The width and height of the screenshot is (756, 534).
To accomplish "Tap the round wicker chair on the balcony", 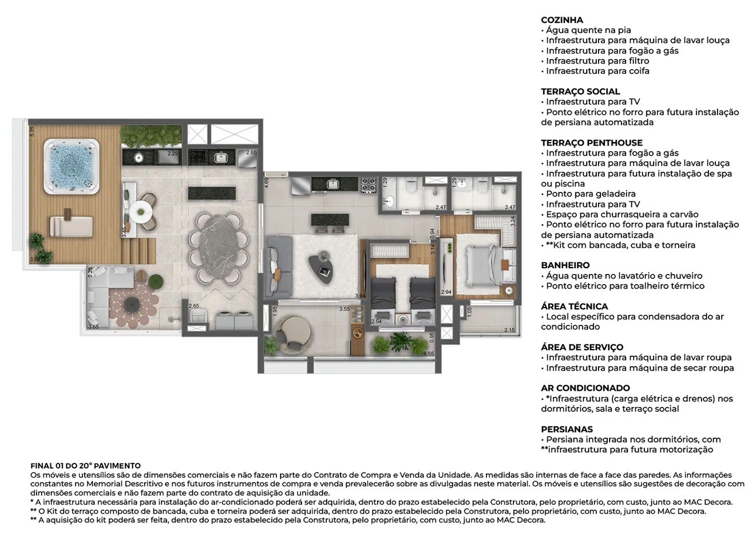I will (x=291, y=332).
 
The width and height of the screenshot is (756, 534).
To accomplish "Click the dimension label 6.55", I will (x=428, y=354).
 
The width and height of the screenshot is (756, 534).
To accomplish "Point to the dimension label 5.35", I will (x=33, y=131).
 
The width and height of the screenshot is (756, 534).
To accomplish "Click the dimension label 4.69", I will (x=267, y=183).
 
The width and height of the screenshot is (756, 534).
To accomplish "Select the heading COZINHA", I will (x=561, y=20).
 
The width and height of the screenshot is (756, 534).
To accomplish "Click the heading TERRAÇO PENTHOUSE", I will (x=591, y=143).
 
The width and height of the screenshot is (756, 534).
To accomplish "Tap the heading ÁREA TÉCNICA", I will (x=574, y=307).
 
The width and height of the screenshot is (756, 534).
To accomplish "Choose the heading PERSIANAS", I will (x=567, y=429).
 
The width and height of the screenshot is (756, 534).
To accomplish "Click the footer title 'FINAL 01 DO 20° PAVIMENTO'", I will (x=85, y=466).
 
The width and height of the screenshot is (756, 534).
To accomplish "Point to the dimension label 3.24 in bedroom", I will (x=513, y=222).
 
